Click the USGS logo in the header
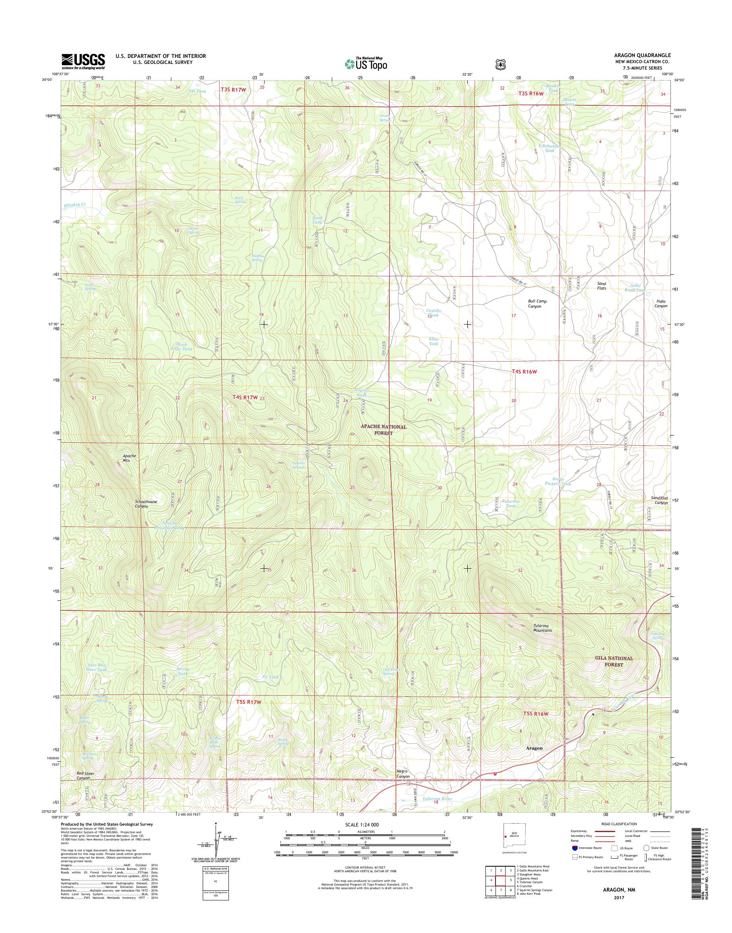tap(83, 61)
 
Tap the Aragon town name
tap(534, 748)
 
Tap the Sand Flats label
tap(602, 286)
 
